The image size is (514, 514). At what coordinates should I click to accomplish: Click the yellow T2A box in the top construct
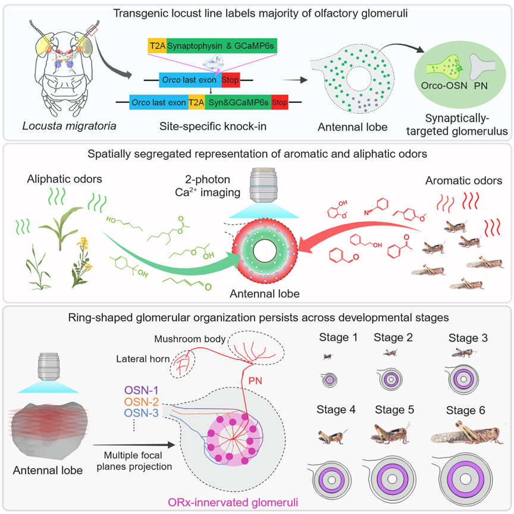pos(156,46)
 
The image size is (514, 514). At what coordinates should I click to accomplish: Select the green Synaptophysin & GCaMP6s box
pos(222,46)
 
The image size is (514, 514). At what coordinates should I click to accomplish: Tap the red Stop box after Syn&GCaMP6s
pos(279,103)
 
